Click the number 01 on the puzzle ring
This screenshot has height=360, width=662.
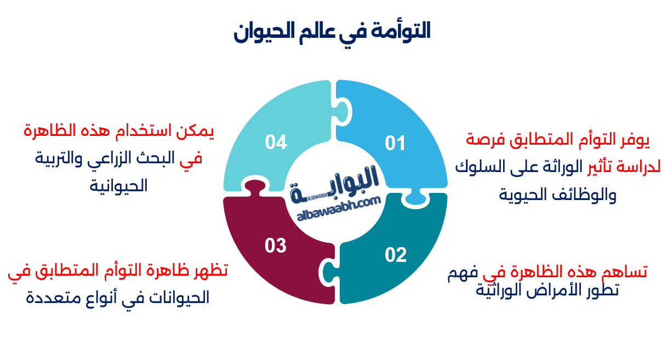coord(395,144)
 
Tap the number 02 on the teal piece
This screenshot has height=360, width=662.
coord(396,255)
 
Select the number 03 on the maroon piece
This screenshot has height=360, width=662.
coord(276,245)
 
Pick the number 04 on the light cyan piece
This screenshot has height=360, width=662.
coord(276,142)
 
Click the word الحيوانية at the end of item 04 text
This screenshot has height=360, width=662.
coord(119,186)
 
